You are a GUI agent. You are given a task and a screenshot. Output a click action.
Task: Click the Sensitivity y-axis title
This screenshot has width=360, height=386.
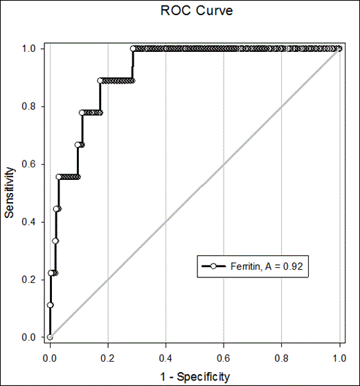pyautogui.click(x=10, y=191)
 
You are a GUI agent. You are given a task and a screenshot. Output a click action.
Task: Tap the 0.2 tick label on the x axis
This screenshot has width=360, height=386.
pyautogui.click(x=107, y=360)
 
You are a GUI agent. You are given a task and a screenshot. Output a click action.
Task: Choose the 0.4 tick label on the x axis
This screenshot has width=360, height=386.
pyautogui.click(x=165, y=360)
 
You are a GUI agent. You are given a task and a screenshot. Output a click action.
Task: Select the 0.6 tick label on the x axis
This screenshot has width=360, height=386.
pyautogui.click(x=223, y=360)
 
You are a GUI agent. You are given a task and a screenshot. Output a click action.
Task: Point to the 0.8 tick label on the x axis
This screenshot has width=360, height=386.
pyautogui.click(x=281, y=360)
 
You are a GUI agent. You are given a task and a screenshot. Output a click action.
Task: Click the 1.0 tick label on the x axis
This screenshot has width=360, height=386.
pyautogui.click(x=339, y=360)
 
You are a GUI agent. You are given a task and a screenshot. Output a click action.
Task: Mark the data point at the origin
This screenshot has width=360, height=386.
pyautogui.click(x=50, y=338)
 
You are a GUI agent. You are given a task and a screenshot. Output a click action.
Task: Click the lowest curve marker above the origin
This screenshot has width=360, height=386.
pyautogui.click(x=50, y=305)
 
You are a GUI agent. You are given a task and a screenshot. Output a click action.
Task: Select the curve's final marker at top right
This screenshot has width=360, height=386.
pyautogui.click(x=339, y=48)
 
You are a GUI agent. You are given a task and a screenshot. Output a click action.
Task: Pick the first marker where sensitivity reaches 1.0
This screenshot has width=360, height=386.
pyautogui.click(x=133, y=48)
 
